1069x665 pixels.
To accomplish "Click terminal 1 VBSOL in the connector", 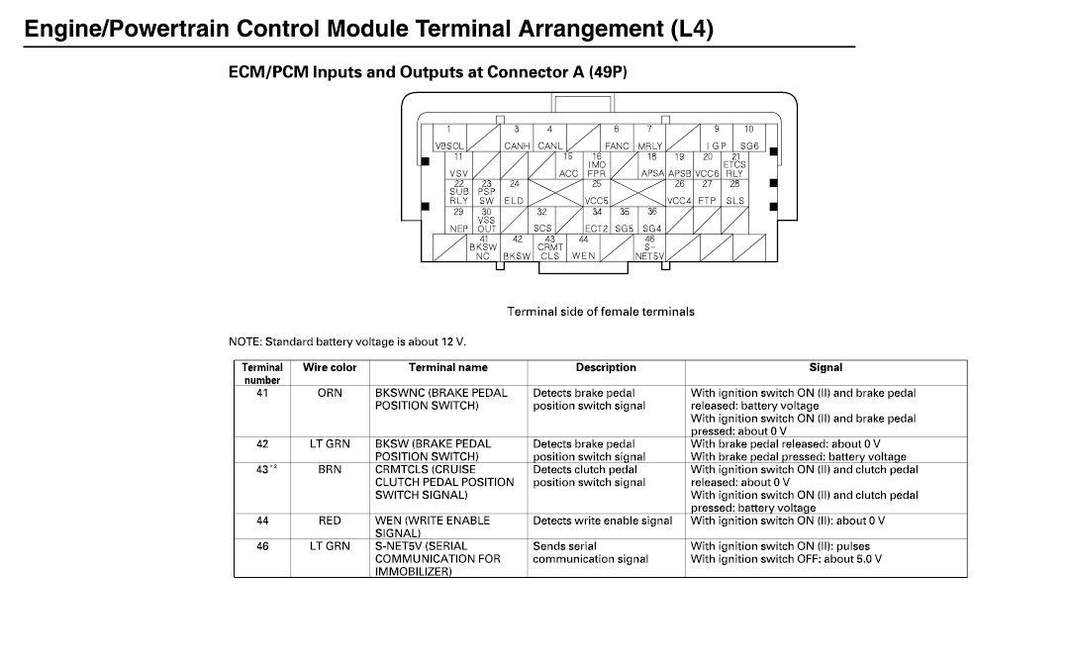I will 448,138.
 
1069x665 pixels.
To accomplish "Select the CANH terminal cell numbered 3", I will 516,138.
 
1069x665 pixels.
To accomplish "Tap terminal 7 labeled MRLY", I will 650,138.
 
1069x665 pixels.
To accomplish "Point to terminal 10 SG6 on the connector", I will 749,138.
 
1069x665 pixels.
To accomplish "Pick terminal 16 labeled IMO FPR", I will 597,165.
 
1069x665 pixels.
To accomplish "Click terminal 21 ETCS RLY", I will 734,165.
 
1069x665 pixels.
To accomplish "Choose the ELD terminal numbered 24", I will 515,192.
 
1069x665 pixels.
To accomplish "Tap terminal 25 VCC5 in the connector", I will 597,192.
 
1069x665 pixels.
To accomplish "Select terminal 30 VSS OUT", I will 486,220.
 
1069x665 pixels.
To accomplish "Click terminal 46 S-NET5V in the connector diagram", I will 650,247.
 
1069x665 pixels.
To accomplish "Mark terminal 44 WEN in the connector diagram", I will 584,247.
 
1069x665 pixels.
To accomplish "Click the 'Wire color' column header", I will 330,368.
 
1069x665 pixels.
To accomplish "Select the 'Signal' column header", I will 826,368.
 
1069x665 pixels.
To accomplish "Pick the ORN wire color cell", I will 330,393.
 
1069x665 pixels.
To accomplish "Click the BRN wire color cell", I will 330,470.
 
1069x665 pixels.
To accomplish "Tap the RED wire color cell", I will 330,521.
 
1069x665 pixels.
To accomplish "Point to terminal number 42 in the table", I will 262,444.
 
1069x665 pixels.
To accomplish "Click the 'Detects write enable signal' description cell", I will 602,521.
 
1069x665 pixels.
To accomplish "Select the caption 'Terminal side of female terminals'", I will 601,312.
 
